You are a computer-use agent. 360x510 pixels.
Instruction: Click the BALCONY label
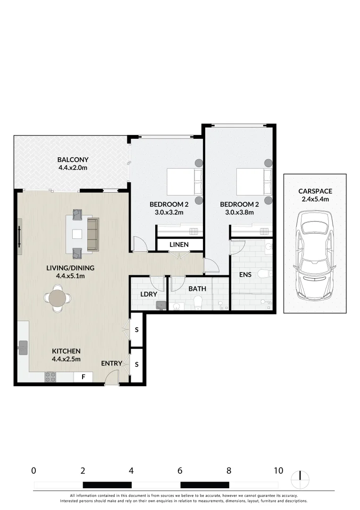[x=73, y=160]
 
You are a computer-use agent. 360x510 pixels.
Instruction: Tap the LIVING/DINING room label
[x=70, y=268]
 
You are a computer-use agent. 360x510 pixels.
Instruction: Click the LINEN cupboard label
[x=179, y=245]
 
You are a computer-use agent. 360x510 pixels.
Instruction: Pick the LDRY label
[x=148, y=294]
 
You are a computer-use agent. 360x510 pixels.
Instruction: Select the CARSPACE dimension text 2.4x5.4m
[x=315, y=199]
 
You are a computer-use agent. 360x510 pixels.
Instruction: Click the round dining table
[x=58, y=298]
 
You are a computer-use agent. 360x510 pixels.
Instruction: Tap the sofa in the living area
[x=93, y=234]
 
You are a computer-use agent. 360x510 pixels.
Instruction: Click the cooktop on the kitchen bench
[x=50, y=377]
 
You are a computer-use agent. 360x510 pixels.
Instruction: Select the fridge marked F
[x=84, y=377]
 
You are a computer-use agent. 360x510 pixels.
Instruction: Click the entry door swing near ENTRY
[x=112, y=378]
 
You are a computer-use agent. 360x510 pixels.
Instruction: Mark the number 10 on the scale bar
[x=278, y=470]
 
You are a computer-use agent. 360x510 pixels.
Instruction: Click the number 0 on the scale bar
[x=33, y=470]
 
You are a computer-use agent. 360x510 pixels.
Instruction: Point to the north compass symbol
[x=300, y=480]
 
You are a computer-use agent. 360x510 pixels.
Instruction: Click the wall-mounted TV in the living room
[x=19, y=236]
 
